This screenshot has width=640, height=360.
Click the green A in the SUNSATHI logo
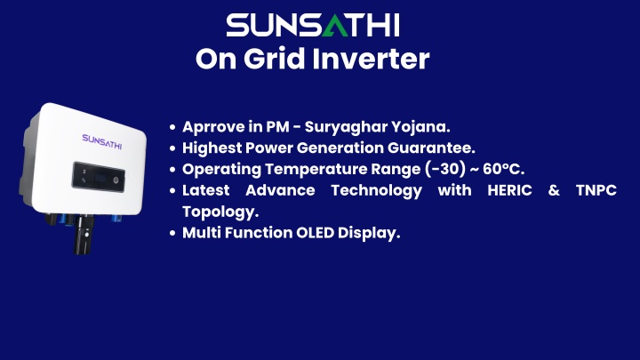coord(335,26)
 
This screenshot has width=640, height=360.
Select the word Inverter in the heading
coord(371,59)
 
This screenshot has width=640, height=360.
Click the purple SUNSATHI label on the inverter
coord(102,141)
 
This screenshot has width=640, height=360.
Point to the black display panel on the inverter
coord(99,177)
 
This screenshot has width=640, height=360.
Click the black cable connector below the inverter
coord(84,235)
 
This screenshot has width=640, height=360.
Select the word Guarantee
coord(431,148)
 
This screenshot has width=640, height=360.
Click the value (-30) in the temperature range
coord(445,169)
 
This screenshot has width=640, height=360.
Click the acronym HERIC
coord(510,190)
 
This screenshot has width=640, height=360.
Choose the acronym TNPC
coord(596,190)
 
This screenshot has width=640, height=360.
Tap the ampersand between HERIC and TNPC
coord(554,190)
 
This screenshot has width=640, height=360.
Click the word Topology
coord(220,212)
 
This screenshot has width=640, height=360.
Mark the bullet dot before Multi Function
coord(172,233)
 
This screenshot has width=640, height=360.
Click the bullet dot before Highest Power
coord(172,148)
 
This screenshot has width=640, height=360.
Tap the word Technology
coord(376,190)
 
